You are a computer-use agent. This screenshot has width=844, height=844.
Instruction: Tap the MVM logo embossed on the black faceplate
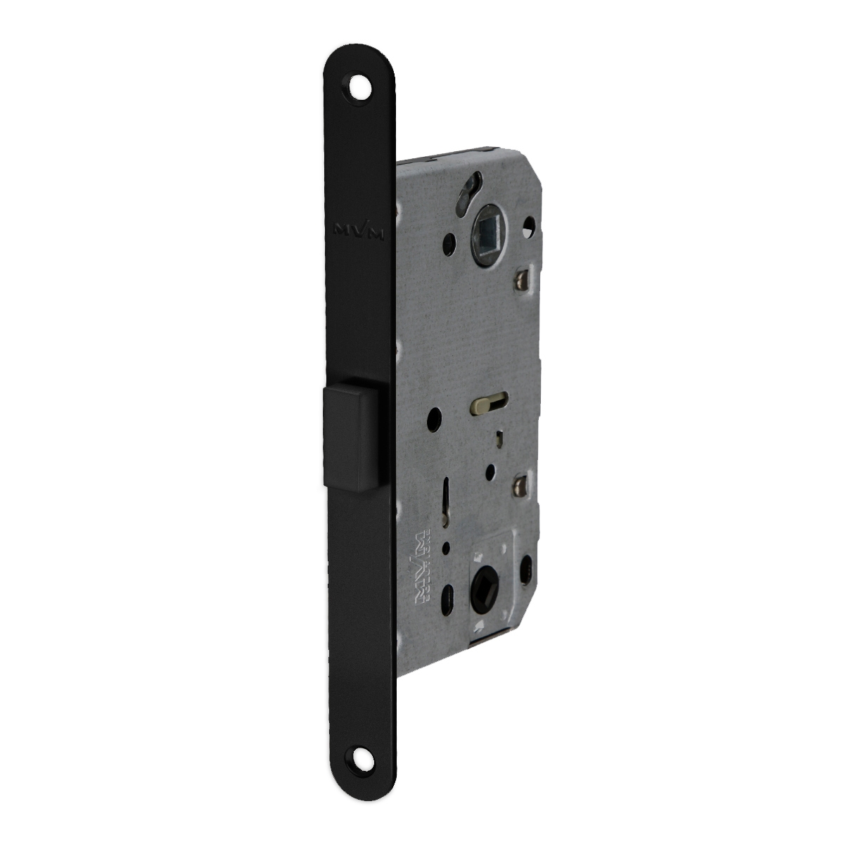(359, 231)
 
